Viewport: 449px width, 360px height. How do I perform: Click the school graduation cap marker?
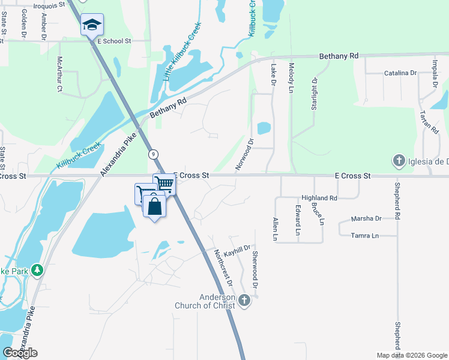click(x=92, y=25)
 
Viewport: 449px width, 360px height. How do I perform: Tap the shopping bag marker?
click(x=155, y=206)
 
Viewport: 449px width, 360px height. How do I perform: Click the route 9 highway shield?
click(x=154, y=154)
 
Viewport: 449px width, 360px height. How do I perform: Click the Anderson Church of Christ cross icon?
click(x=244, y=300)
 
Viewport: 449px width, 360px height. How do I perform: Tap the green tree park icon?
click(x=38, y=271)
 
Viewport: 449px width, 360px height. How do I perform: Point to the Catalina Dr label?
click(x=400, y=73)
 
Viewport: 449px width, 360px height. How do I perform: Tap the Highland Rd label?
click(x=319, y=197)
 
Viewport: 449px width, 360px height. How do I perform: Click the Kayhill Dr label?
click(x=236, y=247)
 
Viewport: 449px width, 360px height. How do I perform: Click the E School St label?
click(x=113, y=41)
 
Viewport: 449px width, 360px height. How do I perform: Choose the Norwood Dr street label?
click(x=244, y=154)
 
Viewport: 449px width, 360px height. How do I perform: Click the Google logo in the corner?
click(x=20, y=353)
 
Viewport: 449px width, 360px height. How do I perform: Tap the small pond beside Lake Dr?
click(x=264, y=128)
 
